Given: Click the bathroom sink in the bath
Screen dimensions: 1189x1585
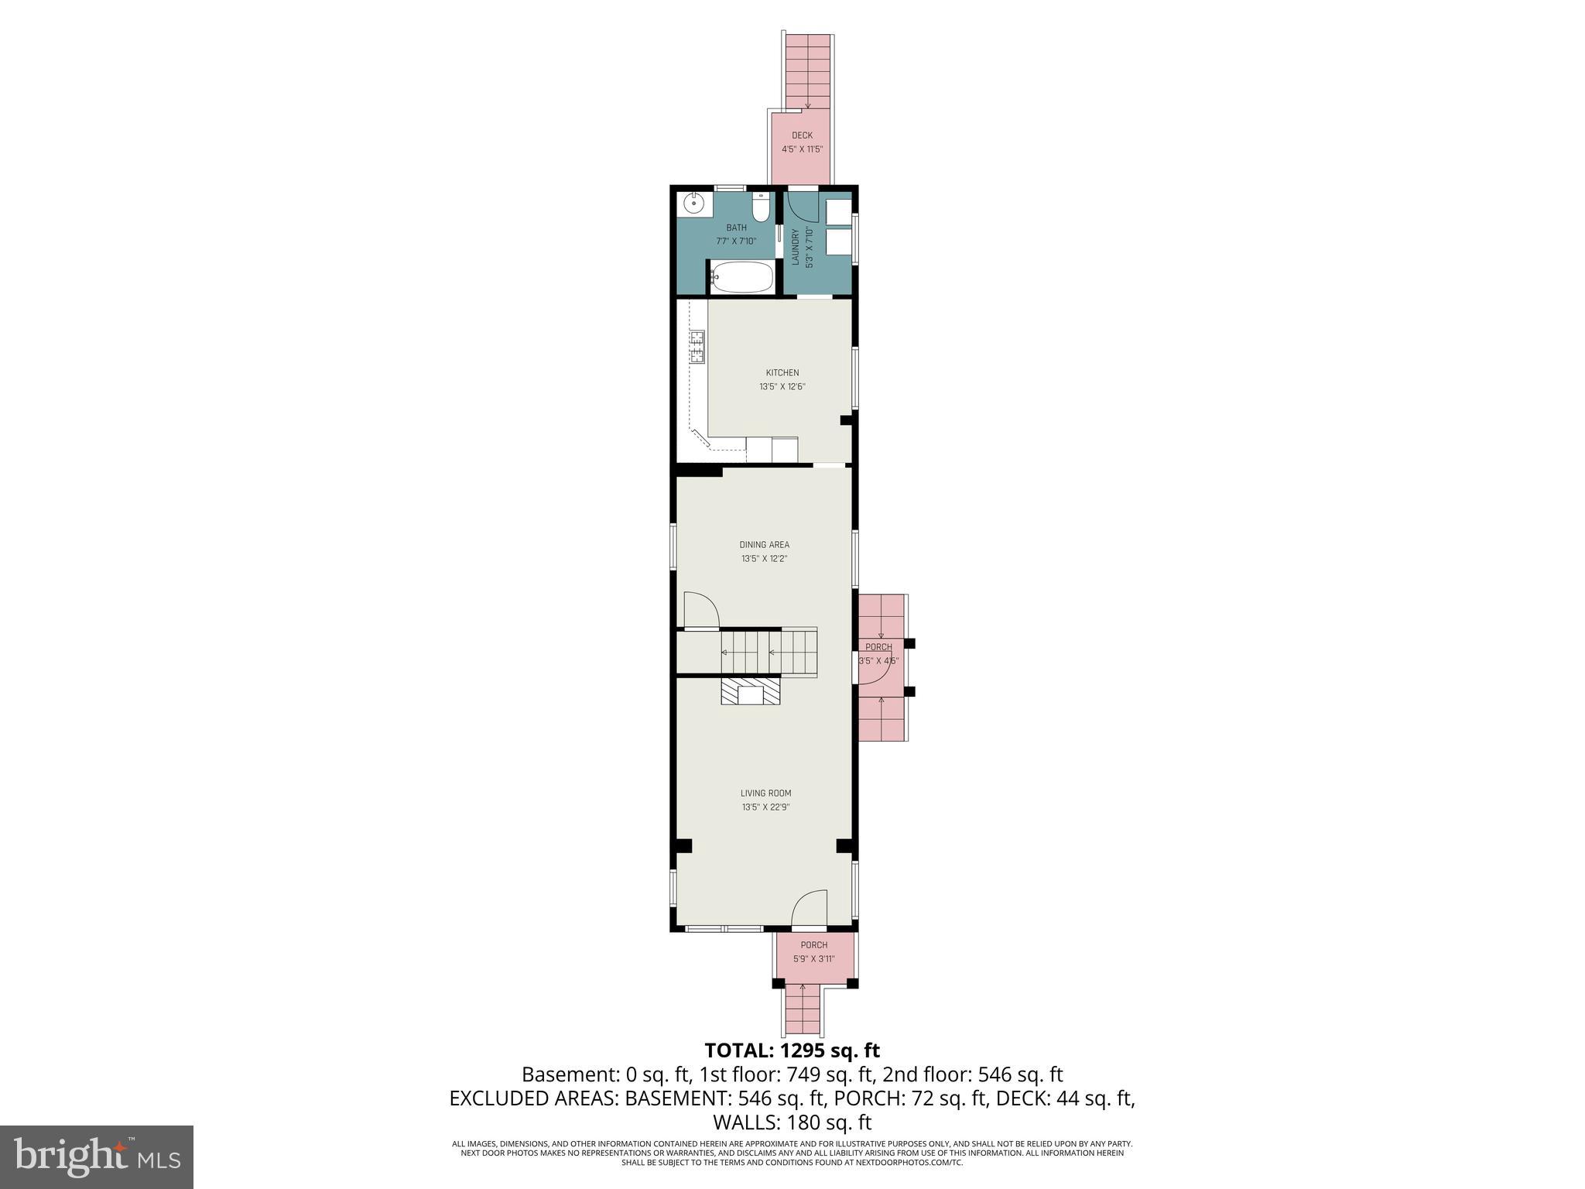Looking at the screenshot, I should (x=693, y=204).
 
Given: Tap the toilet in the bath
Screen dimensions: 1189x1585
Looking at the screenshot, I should (x=762, y=207).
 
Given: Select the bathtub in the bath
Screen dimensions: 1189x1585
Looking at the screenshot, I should (x=741, y=276).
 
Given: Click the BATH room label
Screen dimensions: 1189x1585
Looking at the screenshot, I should (x=736, y=228).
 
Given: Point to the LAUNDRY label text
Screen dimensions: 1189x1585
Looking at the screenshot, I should (x=795, y=247).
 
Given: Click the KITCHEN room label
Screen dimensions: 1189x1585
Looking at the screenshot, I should (x=782, y=373).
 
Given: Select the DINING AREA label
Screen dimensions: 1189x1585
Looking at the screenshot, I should (x=765, y=545).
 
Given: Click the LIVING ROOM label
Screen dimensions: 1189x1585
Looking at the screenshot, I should (x=765, y=793).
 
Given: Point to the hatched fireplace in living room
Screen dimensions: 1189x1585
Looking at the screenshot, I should (x=751, y=691).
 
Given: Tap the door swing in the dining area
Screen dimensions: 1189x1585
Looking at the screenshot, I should (x=701, y=611).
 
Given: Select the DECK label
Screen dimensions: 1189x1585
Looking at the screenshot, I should (x=802, y=135).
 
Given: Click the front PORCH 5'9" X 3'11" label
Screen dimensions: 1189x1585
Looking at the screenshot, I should (x=813, y=951).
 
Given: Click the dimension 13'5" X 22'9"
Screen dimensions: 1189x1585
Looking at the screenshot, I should (x=765, y=807).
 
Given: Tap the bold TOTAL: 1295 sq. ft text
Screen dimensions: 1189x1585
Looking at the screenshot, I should (x=792, y=1050).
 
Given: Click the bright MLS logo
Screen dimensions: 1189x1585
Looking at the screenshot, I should (x=97, y=1157).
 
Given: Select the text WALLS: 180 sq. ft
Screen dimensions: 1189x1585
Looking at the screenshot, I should (x=792, y=1122).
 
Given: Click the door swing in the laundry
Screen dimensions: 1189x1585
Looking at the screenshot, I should (x=802, y=208).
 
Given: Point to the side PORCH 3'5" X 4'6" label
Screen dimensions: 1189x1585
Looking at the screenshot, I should (x=878, y=654).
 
